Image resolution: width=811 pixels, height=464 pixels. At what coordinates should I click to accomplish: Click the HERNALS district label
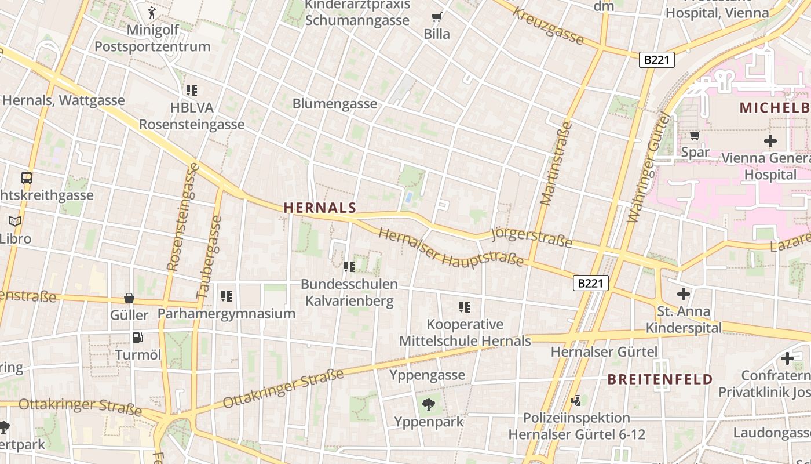tap(320, 208)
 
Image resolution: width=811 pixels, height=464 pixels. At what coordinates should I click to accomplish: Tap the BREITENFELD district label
tap(660, 380)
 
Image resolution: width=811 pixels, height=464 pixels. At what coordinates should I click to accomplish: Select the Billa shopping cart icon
tap(436, 17)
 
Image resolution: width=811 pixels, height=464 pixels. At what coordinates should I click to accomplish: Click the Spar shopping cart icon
tap(695, 136)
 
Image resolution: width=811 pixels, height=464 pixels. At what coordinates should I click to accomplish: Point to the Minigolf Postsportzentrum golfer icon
tap(152, 12)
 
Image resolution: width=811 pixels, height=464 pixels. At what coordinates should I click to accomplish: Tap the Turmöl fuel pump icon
tap(138, 337)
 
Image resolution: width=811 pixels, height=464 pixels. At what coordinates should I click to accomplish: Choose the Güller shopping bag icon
tap(129, 298)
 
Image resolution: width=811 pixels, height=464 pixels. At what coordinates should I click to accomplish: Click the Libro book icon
tap(15, 221)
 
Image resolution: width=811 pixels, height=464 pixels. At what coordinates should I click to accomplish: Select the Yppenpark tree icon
tap(429, 405)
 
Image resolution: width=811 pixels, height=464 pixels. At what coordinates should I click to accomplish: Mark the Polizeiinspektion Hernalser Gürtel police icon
tap(576, 400)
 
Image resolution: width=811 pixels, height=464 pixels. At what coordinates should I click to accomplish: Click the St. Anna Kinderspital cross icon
tap(684, 294)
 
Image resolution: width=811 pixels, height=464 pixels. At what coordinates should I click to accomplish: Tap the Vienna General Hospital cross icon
tap(770, 140)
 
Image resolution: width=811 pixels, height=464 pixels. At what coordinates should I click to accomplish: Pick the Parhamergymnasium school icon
tap(226, 296)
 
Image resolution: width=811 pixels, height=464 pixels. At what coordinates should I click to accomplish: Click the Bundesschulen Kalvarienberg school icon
tap(349, 267)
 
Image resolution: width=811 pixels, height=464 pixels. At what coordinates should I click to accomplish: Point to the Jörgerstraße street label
tap(531, 237)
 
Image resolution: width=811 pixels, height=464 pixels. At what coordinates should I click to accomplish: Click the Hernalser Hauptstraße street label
tap(451, 248)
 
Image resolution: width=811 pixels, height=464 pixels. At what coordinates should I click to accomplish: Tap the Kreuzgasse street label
tap(547, 26)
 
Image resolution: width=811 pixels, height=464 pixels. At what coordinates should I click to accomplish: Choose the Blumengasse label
tap(335, 104)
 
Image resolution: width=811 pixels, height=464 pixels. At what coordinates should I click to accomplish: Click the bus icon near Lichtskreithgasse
tap(26, 178)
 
